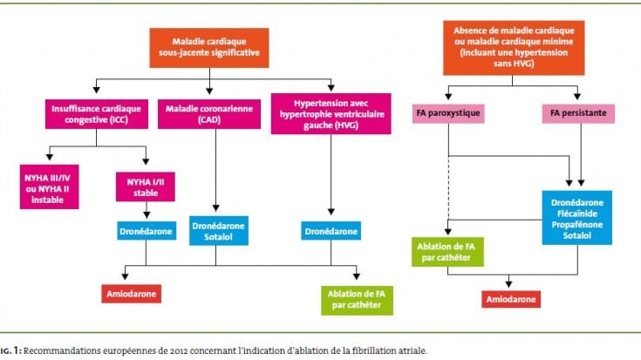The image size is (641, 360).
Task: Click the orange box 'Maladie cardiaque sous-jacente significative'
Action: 209,48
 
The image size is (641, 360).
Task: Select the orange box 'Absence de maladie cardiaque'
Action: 514,48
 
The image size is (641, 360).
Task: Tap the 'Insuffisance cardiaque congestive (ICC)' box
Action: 97,114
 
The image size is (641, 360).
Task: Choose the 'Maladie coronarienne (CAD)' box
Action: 209,114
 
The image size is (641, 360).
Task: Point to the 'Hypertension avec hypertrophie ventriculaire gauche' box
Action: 331,113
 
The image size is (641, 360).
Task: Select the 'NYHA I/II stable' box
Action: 145,187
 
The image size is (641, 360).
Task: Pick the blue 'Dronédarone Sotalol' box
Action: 218,231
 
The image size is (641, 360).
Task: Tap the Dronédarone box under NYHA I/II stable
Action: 146,231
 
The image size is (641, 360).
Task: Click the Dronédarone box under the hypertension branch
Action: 331,231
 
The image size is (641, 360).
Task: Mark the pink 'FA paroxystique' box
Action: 448,113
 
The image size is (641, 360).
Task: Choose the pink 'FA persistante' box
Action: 578,113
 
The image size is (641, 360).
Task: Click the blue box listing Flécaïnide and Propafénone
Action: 576,218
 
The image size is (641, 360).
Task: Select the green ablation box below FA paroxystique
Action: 447,252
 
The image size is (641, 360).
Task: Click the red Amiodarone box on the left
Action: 131,294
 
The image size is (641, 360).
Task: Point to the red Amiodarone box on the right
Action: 511,299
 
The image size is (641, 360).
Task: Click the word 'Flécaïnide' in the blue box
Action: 576,214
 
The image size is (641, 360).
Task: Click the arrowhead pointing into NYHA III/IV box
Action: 50,157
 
